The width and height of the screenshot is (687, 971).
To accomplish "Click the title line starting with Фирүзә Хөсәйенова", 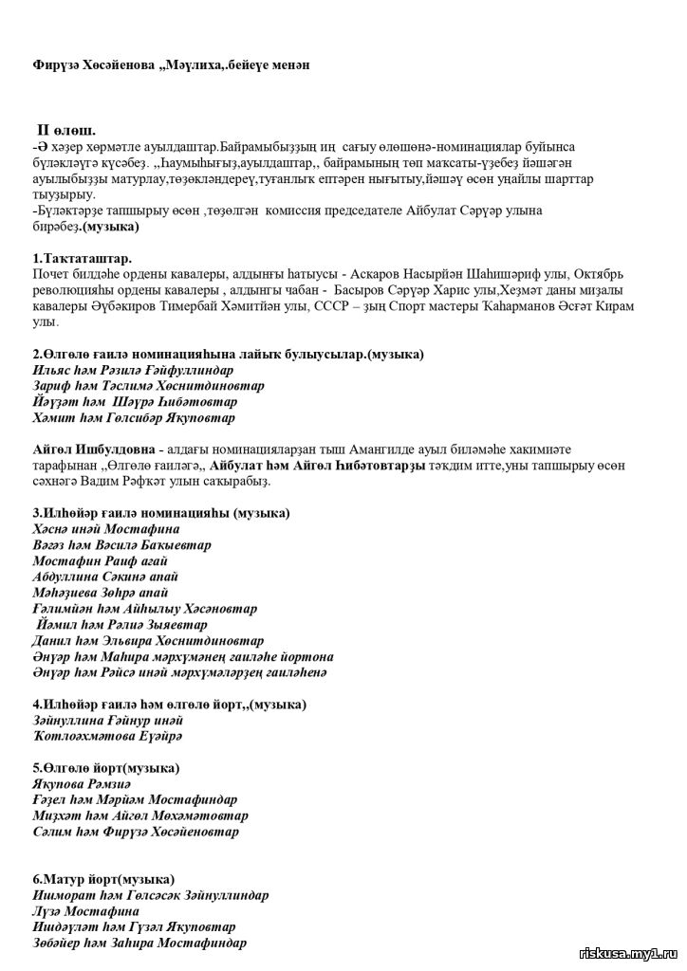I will click(x=171, y=64).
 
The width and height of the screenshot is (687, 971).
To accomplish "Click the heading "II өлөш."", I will click(x=65, y=130).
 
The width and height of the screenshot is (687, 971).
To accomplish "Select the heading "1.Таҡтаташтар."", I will click(x=83, y=258).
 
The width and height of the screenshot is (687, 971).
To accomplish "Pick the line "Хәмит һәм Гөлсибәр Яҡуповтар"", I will click(x=134, y=417).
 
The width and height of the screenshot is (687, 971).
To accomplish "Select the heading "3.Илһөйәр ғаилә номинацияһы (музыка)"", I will click(x=161, y=513).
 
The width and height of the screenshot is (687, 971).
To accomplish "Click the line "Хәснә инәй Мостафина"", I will click(x=105, y=528).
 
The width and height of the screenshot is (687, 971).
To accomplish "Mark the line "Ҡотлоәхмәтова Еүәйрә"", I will click(x=107, y=736).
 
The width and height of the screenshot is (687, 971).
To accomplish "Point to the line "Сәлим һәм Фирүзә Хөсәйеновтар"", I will click(x=136, y=832).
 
